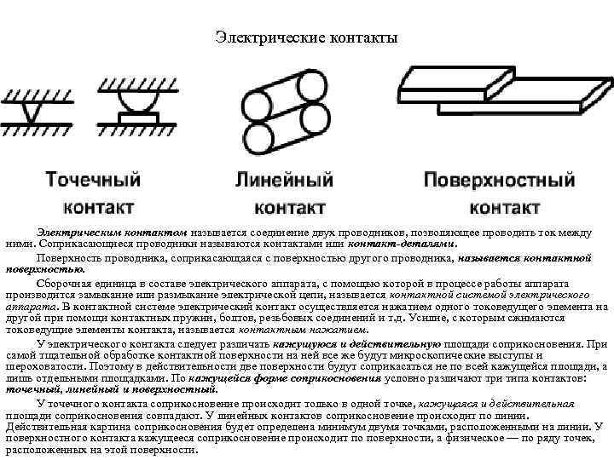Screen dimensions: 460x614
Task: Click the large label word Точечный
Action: click(93, 181)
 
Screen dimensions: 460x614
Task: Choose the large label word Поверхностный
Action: click(500, 181)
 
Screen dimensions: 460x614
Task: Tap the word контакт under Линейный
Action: click(290, 207)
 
